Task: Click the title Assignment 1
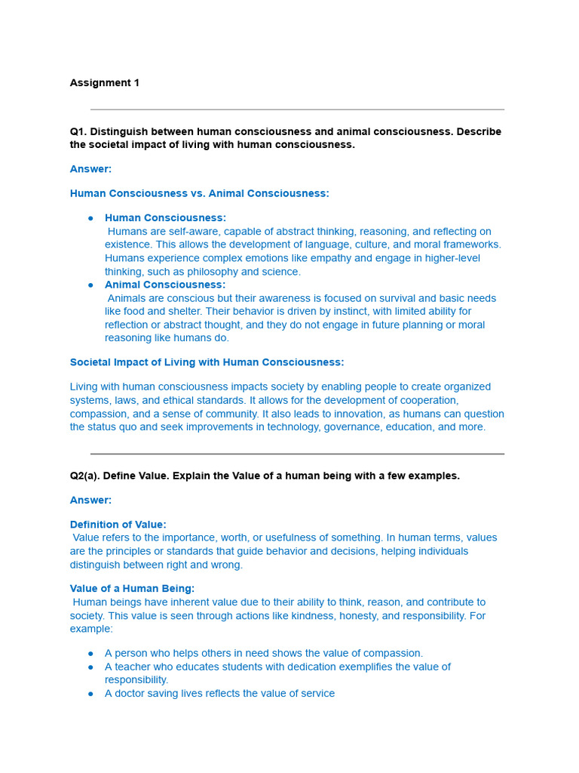click(x=104, y=83)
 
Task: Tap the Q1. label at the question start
click(x=78, y=131)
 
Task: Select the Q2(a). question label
click(x=84, y=476)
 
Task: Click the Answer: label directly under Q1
click(x=90, y=169)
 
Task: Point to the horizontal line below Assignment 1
click(x=297, y=109)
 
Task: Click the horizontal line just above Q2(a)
click(x=297, y=454)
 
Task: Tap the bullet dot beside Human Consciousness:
click(x=90, y=218)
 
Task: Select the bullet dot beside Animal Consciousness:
click(x=90, y=285)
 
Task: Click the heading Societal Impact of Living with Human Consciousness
click(x=207, y=362)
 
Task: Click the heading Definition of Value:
click(x=118, y=525)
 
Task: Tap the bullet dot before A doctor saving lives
click(x=90, y=694)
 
